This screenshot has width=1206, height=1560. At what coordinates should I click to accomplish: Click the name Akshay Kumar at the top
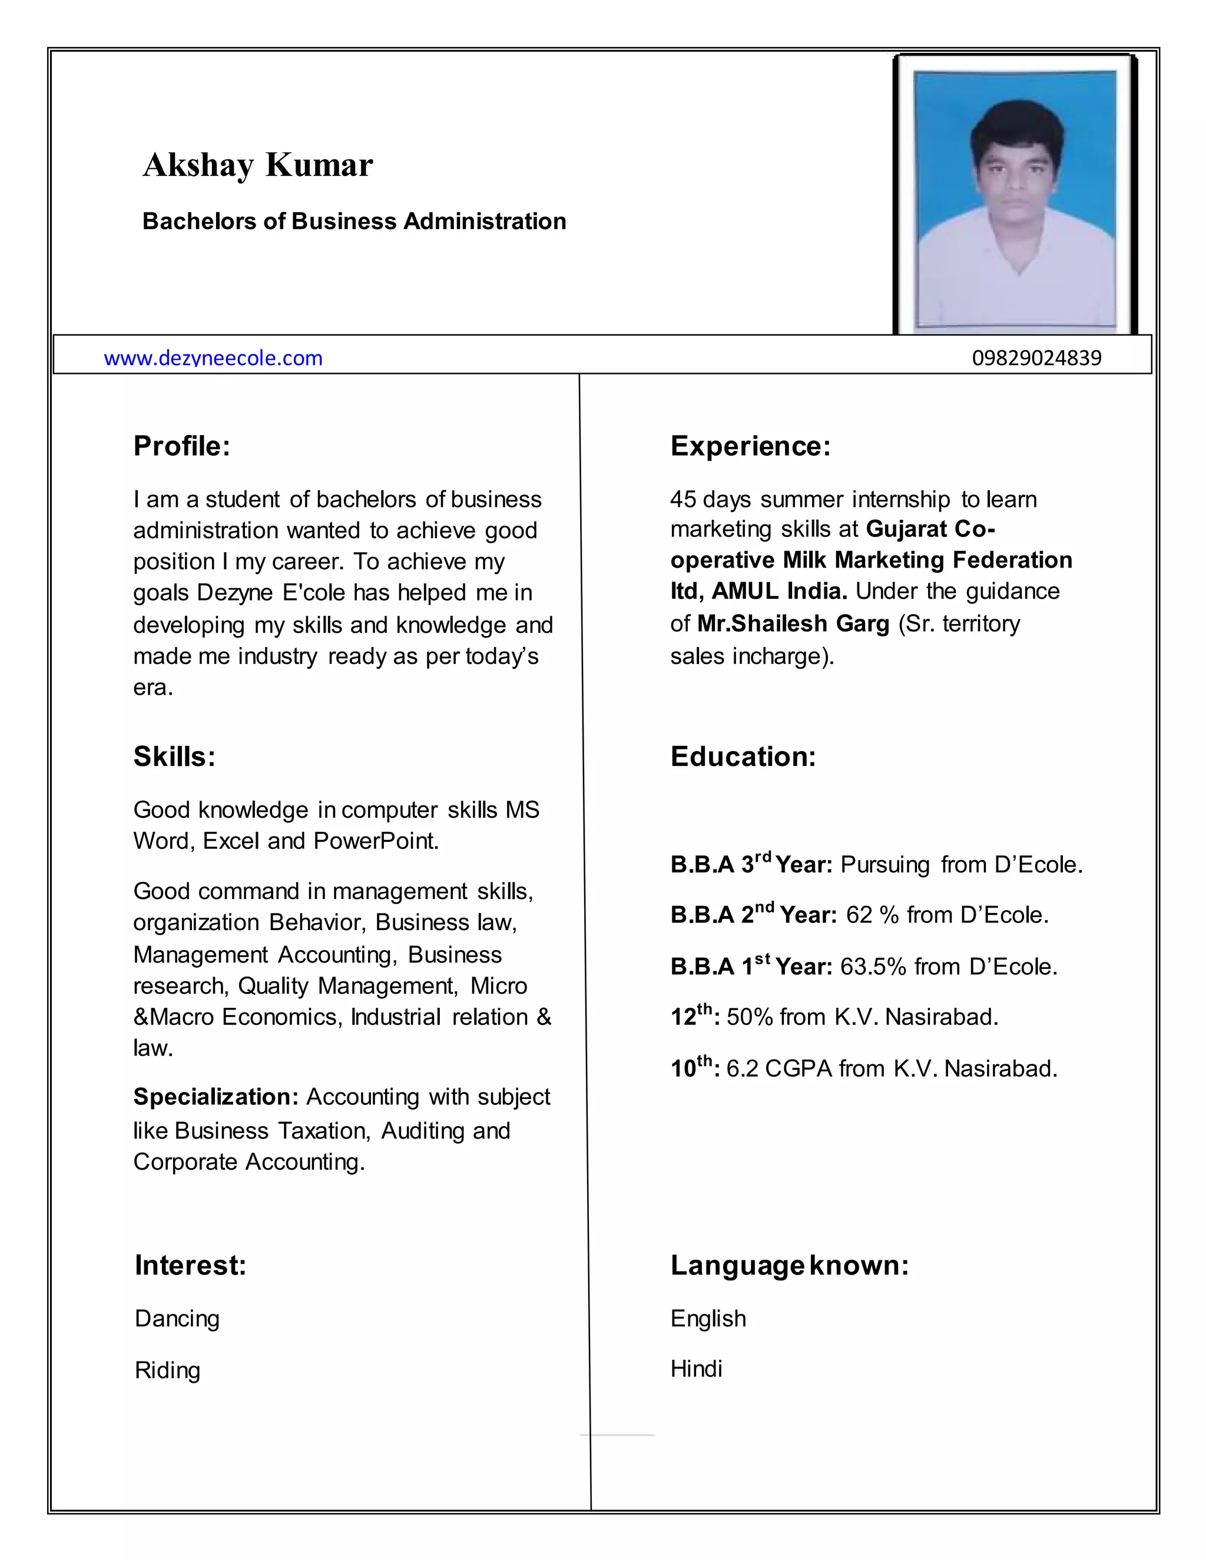click(x=257, y=165)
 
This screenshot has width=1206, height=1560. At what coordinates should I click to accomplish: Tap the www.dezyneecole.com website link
click(x=213, y=358)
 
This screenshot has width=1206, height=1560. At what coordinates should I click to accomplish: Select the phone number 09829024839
click(x=1036, y=358)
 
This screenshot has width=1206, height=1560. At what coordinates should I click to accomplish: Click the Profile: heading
click(x=181, y=446)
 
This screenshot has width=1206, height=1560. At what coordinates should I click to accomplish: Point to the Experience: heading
click(x=750, y=446)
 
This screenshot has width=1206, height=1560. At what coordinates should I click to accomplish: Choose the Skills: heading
click(x=174, y=756)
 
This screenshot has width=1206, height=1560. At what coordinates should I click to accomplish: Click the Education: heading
click(x=743, y=756)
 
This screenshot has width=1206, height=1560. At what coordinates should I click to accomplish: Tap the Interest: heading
click(x=190, y=1265)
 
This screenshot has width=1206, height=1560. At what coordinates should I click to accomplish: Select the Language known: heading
click(x=788, y=1265)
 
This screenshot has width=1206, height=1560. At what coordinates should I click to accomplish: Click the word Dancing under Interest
click(x=177, y=1319)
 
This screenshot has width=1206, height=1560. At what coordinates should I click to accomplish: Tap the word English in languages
click(x=707, y=1319)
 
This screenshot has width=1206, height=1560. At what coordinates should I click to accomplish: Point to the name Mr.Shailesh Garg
click(x=793, y=623)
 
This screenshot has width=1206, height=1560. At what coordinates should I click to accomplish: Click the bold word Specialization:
click(x=216, y=1097)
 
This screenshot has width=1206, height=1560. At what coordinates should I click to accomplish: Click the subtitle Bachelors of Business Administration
click(x=354, y=221)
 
